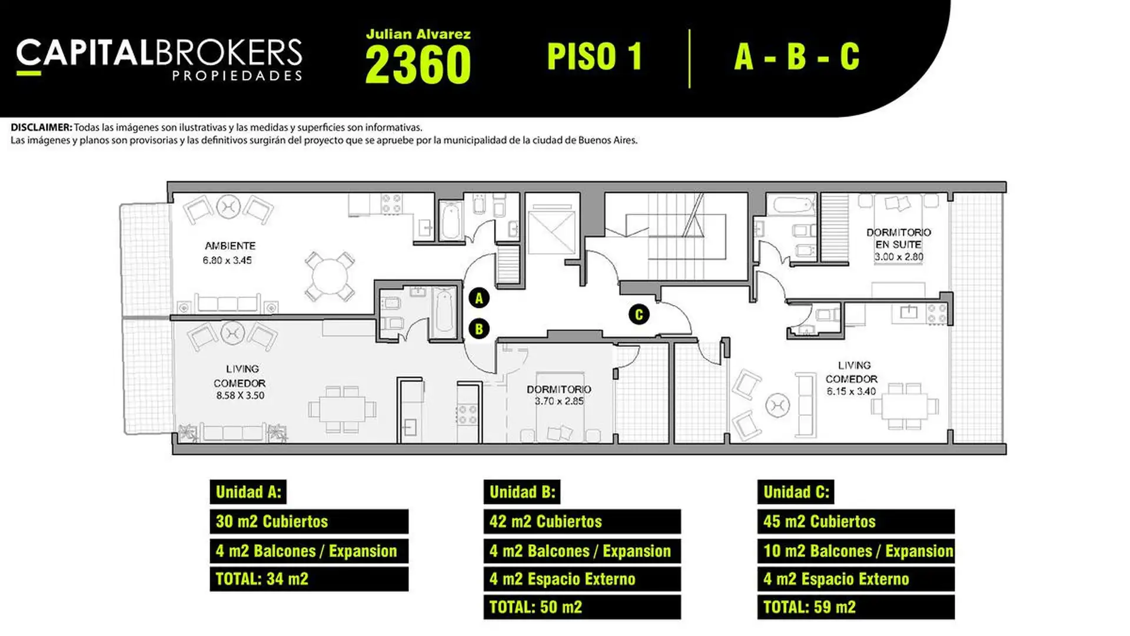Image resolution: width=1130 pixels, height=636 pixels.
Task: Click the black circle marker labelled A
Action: coord(479,298)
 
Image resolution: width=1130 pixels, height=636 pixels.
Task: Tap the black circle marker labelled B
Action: coord(479,329)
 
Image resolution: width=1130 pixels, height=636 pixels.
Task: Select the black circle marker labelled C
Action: coord(639,314)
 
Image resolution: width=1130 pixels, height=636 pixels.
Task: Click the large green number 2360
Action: coord(418,64)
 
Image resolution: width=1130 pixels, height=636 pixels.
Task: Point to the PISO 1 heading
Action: coord(594,57)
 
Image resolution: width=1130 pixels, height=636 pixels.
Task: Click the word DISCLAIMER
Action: coord(41,127)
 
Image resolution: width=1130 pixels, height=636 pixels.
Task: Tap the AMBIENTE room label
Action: coord(230,246)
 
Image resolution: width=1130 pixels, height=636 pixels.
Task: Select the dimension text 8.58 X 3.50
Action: coord(240,396)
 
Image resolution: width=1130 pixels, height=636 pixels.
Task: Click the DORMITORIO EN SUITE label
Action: coord(899,238)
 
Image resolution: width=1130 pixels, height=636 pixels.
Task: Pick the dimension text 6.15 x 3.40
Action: coord(851,391)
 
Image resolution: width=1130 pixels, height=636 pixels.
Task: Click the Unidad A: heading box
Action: coord(248,492)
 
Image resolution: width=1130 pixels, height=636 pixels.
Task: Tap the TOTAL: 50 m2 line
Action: coord(582,607)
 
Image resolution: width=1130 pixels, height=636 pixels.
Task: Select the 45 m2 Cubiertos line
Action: coord(856,522)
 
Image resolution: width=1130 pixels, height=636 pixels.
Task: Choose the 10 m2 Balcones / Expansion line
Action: coord(856,551)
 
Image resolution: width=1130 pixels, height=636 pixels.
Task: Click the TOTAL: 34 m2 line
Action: coord(309,579)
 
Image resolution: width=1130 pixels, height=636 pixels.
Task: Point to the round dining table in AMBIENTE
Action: coord(330,276)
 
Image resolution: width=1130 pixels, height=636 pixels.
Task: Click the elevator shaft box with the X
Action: coord(551,232)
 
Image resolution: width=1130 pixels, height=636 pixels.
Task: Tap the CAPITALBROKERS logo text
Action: coord(159,53)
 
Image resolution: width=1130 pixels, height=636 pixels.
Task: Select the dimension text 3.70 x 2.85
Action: coord(559,401)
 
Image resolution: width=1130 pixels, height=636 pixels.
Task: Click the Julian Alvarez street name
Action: coord(418,35)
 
